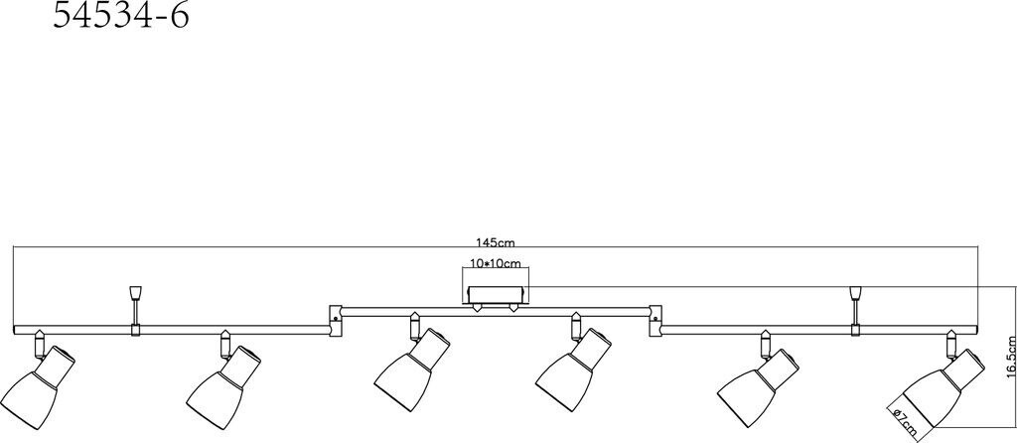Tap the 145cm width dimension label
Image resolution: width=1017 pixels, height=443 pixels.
[x=496, y=241]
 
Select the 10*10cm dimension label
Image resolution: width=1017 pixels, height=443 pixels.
[x=497, y=263]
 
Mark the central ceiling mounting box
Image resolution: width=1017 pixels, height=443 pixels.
[x=497, y=294]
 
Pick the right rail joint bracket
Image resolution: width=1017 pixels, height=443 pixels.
[x=654, y=316]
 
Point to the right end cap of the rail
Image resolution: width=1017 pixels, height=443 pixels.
[x=976, y=329]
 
